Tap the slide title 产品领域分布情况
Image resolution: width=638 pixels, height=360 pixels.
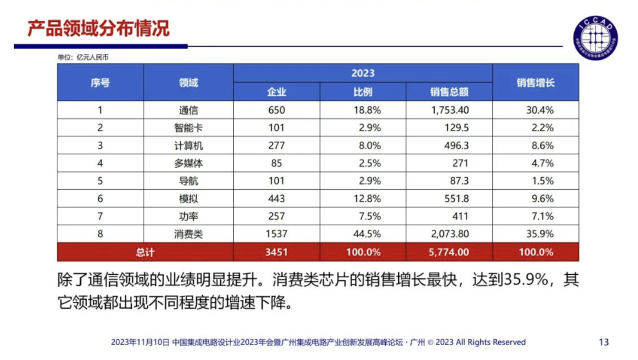click(x=99, y=28)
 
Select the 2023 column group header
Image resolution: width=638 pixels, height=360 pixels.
click(x=363, y=73)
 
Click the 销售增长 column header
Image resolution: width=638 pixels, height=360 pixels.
click(x=535, y=83)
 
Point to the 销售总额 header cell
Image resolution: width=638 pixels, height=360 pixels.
click(x=449, y=92)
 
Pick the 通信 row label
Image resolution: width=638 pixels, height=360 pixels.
click(x=188, y=110)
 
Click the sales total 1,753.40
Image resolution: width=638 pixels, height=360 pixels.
click(x=450, y=110)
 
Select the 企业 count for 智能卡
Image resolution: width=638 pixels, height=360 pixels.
click(x=276, y=128)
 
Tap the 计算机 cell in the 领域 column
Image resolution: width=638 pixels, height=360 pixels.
click(x=188, y=145)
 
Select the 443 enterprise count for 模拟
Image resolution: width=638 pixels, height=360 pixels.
click(x=276, y=199)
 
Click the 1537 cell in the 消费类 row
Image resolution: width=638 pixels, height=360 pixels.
click(x=276, y=234)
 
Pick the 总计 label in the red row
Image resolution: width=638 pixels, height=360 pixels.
click(x=145, y=252)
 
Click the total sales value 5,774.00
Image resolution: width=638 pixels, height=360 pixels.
click(x=450, y=252)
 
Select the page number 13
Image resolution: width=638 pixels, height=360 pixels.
click(x=604, y=342)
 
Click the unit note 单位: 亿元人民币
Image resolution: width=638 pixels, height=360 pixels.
click(x=83, y=57)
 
